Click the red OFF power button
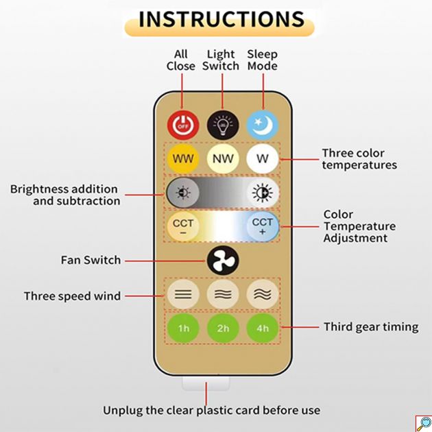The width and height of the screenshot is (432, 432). [183, 125]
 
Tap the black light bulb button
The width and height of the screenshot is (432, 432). [223, 125]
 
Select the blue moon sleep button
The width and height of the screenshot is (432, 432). [263, 125]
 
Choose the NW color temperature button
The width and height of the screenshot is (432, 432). [223, 158]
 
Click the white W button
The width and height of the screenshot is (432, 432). [263, 158]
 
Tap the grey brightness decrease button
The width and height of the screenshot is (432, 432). [183, 193]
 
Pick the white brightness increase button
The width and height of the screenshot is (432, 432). [263, 193]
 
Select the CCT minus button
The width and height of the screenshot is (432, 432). [183, 226]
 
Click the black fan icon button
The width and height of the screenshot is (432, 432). [223, 261]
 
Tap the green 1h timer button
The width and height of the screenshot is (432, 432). [183, 328]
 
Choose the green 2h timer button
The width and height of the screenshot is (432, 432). [223, 328]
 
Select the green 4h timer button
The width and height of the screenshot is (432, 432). [263, 328]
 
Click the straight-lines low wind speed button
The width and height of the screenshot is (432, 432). [183, 295]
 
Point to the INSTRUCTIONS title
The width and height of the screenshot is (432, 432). [221, 20]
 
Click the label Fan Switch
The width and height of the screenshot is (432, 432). [91, 260]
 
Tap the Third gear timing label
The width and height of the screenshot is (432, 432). [371, 327]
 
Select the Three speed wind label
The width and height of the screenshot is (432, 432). [73, 296]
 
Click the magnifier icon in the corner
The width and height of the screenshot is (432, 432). [424, 424]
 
